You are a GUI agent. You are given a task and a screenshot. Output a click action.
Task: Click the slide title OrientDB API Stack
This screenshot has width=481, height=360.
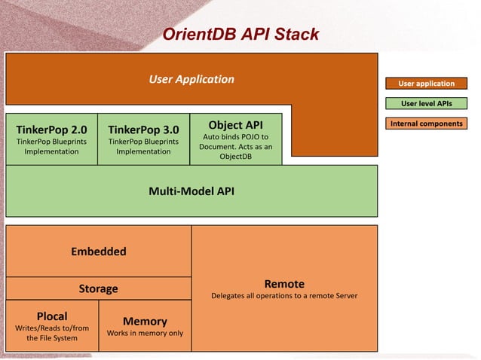[x=240, y=35]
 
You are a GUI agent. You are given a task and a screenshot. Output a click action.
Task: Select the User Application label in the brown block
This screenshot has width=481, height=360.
[x=191, y=79]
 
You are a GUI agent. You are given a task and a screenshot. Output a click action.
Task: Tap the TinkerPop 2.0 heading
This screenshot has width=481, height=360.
[x=51, y=128]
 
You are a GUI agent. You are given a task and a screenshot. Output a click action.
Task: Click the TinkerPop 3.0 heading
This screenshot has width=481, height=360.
[x=143, y=128]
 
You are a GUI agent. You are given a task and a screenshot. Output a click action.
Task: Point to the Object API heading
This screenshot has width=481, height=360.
[x=235, y=124]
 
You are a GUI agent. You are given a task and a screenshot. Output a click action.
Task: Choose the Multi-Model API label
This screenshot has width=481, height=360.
[x=191, y=191]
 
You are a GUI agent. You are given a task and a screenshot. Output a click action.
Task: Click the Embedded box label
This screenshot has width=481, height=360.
[x=98, y=251]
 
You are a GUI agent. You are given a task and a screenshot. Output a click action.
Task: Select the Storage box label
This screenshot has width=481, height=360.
[x=98, y=288]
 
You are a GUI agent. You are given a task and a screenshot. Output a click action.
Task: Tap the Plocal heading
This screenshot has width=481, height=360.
[x=52, y=316]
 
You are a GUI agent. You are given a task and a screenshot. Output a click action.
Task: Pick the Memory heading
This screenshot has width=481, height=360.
[x=145, y=321]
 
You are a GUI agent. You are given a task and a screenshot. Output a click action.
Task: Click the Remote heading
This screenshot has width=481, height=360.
[x=284, y=283]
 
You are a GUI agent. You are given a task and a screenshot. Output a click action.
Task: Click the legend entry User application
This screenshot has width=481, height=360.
[x=427, y=84]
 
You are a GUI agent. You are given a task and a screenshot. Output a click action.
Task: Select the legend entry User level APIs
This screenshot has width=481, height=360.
[x=427, y=103]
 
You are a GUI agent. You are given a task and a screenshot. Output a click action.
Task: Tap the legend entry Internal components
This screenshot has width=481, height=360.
[x=427, y=123]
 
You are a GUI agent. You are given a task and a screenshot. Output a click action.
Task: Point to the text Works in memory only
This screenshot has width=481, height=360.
[x=145, y=333]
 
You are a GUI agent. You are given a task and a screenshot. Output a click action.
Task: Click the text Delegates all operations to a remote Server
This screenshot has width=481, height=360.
[x=284, y=295]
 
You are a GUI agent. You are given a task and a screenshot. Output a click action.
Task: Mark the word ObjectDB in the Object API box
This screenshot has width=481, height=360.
[x=235, y=157]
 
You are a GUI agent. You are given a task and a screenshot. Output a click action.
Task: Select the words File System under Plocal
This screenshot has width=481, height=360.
[x=52, y=338]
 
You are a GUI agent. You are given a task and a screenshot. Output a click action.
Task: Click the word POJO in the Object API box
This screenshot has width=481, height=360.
[x=248, y=137]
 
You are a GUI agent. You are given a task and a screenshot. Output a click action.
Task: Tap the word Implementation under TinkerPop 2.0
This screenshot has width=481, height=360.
[x=51, y=151]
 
